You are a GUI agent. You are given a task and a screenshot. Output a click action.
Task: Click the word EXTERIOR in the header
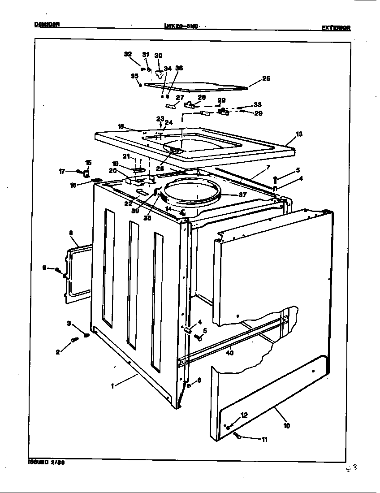[x=336, y=28]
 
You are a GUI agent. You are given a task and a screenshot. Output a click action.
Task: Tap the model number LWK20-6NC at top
[x=182, y=26]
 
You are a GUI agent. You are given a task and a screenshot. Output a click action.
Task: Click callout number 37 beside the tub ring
[x=242, y=195]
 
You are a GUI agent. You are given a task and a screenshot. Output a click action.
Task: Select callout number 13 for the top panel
[x=299, y=134]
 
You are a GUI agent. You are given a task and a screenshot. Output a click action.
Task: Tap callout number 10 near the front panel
[x=286, y=425]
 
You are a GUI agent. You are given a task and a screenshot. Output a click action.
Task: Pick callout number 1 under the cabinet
[x=112, y=385]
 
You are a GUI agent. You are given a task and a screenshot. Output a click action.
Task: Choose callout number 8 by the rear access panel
[x=71, y=233]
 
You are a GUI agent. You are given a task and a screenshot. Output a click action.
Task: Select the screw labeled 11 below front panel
[x=237, y=436]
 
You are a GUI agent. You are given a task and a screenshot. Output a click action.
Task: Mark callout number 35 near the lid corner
[x=134, y=76]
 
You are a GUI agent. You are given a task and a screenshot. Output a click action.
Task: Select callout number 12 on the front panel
[x=244, y=415]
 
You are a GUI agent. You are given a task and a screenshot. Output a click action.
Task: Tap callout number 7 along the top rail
[x=268, y=167]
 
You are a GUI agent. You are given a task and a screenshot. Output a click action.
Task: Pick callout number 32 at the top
[x=127, y=54]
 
